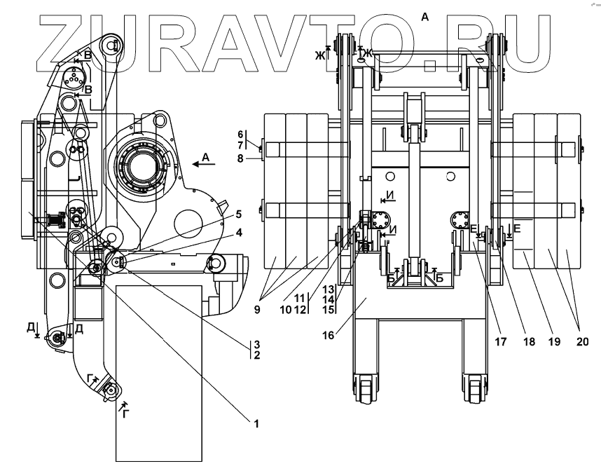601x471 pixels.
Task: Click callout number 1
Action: click(256, 423)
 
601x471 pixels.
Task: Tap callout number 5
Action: click(238, 214)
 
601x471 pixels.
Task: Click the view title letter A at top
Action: click(424, 16)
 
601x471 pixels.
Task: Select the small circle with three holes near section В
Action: click(72, 79)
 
